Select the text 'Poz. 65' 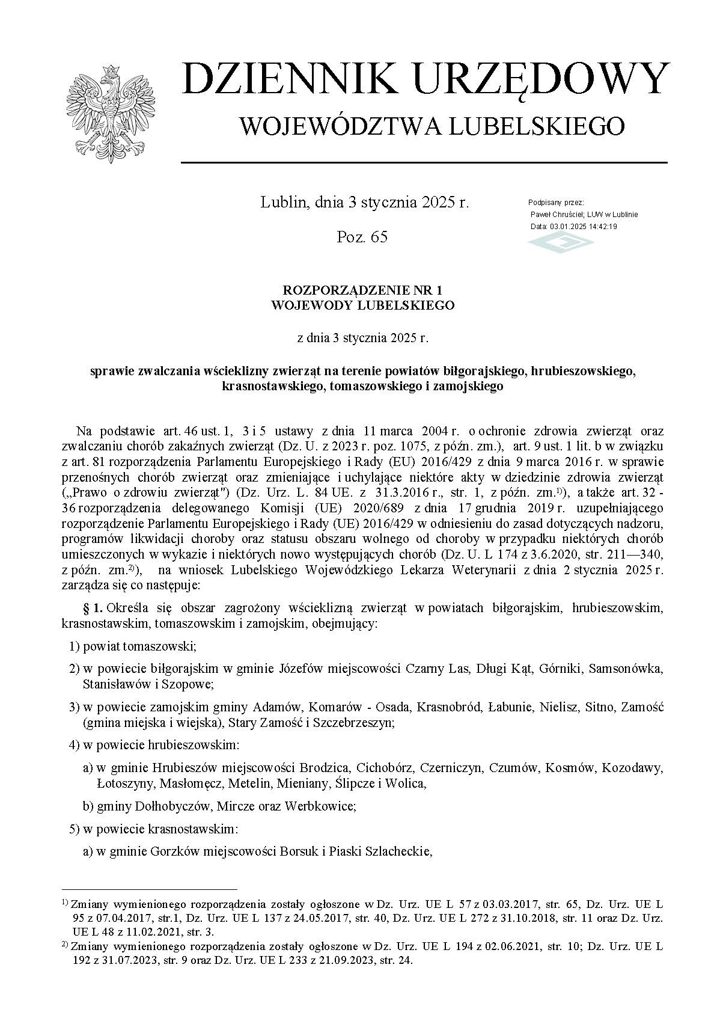click(x=362, y=237)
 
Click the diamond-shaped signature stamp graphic click(x=560, y=242)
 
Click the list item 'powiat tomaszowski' click(x=140, y=646)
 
